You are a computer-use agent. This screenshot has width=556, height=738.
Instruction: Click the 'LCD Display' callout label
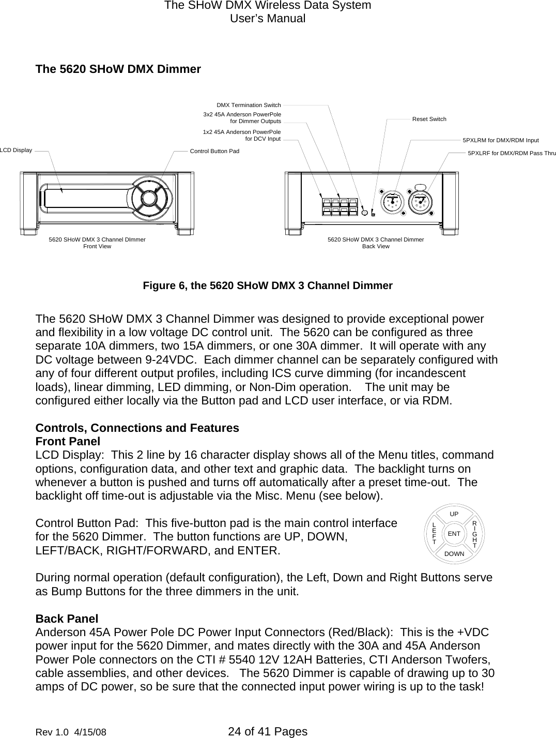(16, 150)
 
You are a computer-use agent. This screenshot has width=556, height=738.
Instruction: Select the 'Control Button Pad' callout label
(214, 152)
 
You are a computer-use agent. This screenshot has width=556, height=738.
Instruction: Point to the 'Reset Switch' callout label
(429, 119)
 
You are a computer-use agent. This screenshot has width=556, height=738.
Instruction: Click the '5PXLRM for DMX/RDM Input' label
(500, 140)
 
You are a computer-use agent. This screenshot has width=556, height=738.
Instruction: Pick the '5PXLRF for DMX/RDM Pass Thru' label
(511, 154)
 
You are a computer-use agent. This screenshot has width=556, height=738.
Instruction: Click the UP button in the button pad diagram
(454, 514)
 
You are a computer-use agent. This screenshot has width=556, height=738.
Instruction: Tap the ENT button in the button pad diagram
(454, 533)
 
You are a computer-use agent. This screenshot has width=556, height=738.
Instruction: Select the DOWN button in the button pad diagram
(454, 553)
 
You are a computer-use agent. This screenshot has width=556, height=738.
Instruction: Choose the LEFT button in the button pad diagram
(434, 533)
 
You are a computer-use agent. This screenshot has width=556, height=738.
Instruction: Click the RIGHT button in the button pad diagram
(474, 533)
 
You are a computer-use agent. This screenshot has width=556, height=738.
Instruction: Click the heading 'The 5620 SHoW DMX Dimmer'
(118, 69)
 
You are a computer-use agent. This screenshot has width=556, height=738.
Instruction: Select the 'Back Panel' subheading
(67, 619)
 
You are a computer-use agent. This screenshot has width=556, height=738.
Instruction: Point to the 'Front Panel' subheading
(68, 442)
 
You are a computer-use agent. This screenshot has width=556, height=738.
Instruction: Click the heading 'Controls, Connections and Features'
(137, 428)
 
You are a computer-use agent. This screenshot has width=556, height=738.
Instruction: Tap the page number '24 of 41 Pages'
(267, 731)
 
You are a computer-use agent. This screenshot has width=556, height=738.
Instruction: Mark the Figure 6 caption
(268, 285)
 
